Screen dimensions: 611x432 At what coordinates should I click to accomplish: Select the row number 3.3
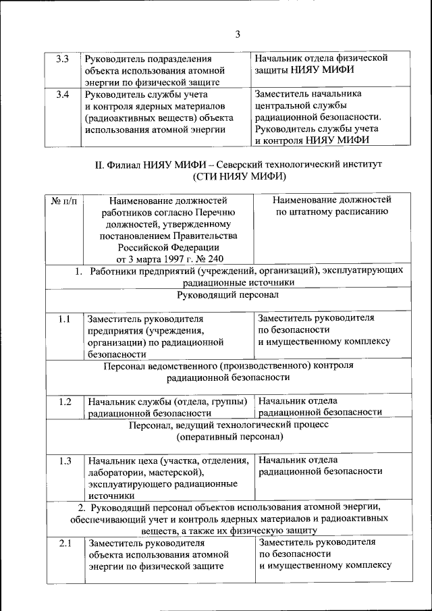[x=62, y=59]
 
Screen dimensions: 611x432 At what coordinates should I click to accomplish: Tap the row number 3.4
[x=62, y=95]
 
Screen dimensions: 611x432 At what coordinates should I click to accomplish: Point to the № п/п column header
[x=63, y=201]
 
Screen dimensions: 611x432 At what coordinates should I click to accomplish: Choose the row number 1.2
[x=64, y=402]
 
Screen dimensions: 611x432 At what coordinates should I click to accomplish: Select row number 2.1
[x=64, y=543]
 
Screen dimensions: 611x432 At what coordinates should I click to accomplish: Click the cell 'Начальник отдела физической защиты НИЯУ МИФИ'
[x=320, y=64]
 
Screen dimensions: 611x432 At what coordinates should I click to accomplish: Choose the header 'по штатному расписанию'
[x=331, y=212]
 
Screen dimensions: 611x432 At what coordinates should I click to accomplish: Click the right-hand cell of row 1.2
[x=320, y=406]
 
